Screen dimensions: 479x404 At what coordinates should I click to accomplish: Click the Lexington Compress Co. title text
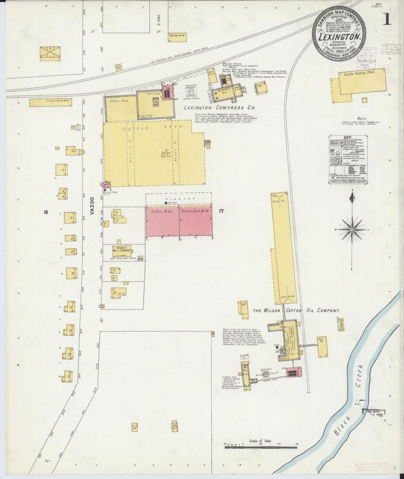click(x=219, y=107)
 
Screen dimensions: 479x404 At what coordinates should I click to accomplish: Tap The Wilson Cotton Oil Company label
click(x=296, y=310)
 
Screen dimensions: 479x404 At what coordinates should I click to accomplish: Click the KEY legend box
click(x=347, y=160)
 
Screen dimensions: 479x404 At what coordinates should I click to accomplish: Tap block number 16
click(x=46, y=212)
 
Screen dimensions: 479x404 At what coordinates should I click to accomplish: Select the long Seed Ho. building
click(x=283, y=249)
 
